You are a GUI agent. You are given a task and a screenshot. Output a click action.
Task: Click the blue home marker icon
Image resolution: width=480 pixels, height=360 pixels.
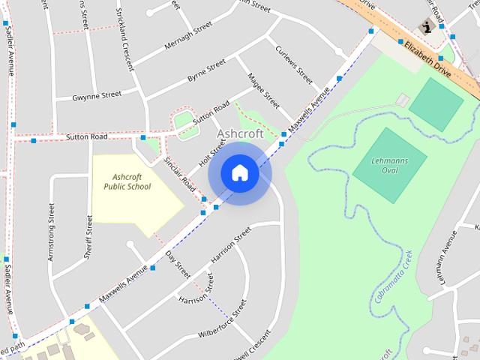[239, 173]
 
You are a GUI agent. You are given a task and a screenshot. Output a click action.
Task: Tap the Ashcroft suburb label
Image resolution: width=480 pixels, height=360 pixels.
[240, 133]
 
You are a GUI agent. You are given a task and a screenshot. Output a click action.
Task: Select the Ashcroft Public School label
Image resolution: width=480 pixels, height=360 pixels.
[127, 181]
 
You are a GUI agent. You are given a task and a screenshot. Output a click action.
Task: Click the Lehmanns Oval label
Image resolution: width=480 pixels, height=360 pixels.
[389, 165]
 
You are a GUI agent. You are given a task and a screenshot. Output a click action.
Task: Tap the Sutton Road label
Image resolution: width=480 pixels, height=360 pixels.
[87, 137]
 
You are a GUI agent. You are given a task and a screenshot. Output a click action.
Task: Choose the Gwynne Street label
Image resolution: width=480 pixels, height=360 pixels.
[97, 95]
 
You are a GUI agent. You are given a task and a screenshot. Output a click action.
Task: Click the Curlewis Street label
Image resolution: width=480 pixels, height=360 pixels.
[293, 65]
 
